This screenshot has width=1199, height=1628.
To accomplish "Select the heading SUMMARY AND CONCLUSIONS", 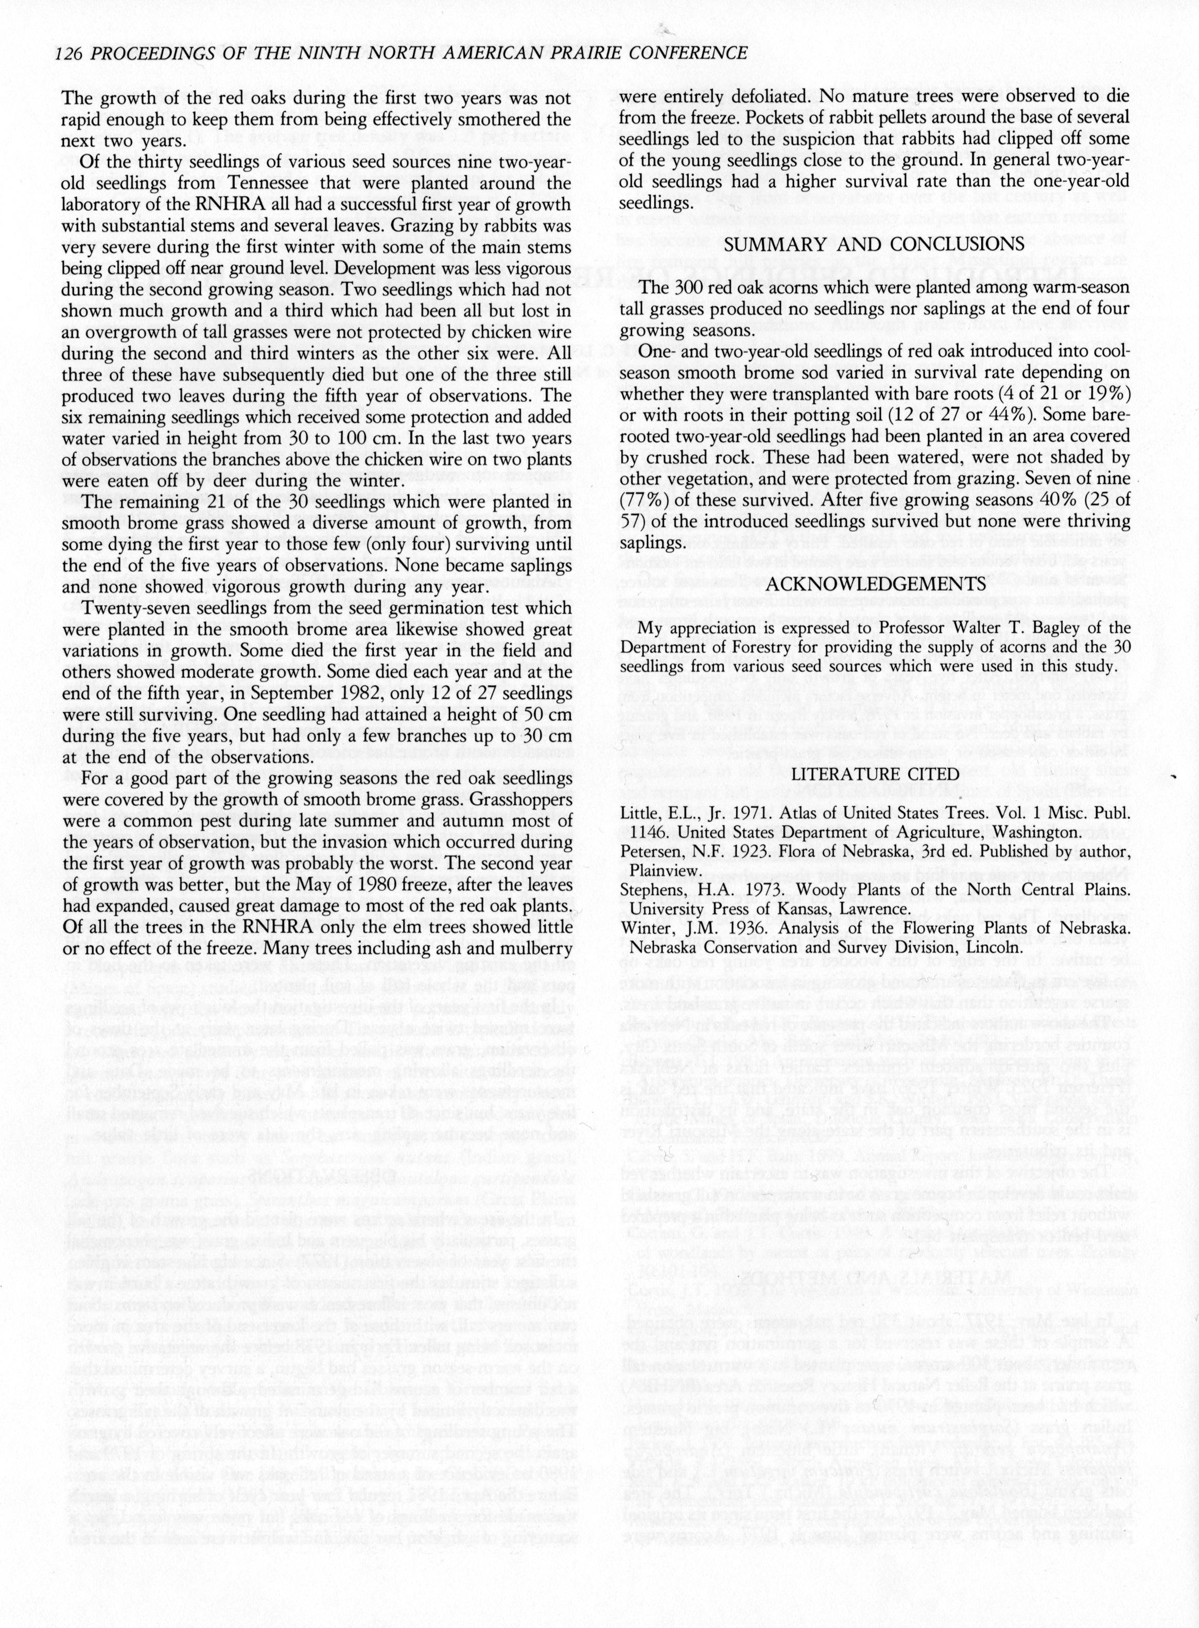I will click(874, 244).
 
